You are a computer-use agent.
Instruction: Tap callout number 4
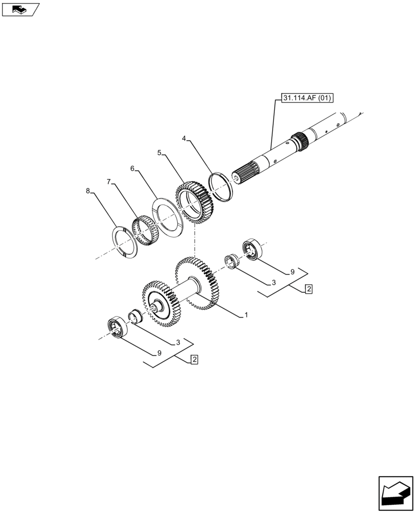click(x=184, y=139)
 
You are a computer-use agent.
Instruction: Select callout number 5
click(x=160, y=153)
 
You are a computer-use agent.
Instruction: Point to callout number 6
click(x=133, y=168)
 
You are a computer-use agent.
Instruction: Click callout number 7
click(x=109, y=182)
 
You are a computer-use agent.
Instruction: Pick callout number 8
click(x=88, y=191)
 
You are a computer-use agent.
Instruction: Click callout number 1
click(x=246, y=315)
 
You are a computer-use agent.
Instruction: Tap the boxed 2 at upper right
click(x=308, y=289)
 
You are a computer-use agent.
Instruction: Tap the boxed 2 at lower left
click(x=194, y=360)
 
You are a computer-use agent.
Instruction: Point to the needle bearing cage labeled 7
click(x=144, y=231)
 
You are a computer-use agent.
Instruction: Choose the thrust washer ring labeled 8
click(x=124, y=241)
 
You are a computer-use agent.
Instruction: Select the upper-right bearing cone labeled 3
click(x=233, y=260)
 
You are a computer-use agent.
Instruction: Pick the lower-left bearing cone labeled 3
click(x=135, y=316)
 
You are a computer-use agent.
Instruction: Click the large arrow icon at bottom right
click(x=395, y=493)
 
